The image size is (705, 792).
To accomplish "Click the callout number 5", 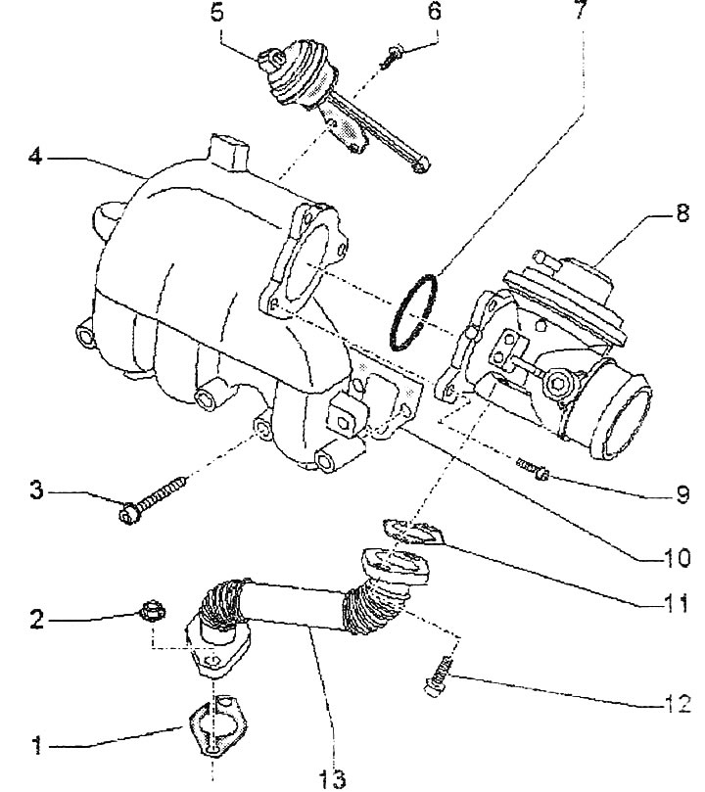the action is coord(217,12).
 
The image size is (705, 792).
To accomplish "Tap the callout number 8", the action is coord(682,213).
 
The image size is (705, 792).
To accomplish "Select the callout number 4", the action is coord(35,157).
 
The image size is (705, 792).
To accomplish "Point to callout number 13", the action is coord(332,778).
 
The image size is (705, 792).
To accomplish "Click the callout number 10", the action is coord(676,558).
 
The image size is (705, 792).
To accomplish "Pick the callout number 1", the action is coord(37,746).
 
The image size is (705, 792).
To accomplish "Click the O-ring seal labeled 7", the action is coord(413,313).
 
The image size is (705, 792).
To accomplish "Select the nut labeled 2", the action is coord(152,613).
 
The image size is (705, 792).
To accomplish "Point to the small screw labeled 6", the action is coord(392,57).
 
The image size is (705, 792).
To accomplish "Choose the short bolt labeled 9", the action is coord(533,469).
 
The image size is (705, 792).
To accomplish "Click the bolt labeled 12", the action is coord(439,676).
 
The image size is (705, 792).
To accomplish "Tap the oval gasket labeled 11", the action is coord(413,533).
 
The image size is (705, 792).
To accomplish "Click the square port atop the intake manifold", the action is coord(230,151).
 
